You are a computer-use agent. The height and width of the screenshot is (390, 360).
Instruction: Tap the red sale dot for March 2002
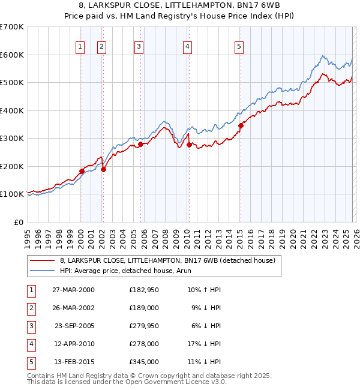(103, 169)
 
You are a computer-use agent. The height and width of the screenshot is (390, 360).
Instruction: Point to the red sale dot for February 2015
(240, 125)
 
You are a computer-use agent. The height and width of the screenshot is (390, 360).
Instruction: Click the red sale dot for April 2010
(189, 145)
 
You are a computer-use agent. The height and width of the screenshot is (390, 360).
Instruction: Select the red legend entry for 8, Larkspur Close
(167, 260)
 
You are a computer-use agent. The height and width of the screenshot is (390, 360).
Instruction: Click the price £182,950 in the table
(144, 290)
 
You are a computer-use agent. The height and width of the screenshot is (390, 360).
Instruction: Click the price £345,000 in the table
(144, 362)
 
